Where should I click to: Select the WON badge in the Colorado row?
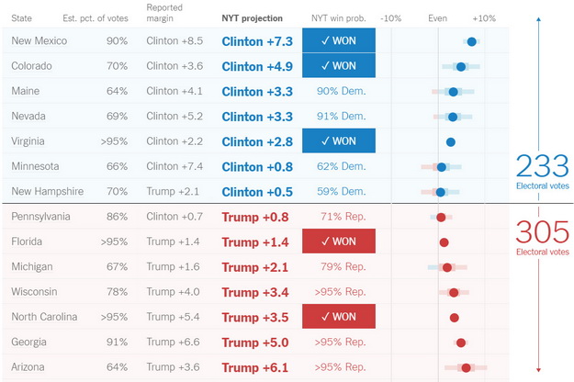[338, 66]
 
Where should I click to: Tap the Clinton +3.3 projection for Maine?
[257, 92]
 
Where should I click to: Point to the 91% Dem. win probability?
[341, 117]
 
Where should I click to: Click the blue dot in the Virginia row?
[451, 141]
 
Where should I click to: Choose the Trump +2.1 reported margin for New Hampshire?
[174, 191]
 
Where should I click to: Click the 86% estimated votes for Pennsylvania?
[117, 217]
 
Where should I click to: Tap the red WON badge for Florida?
[338, 242]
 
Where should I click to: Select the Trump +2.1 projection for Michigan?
[255, 267]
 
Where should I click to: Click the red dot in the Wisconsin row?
[454, 292]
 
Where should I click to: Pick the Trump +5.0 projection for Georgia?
[255, 343]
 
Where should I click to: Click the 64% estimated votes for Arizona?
[117, 367]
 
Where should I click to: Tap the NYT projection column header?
[257, 17]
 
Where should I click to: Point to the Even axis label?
[438, 18]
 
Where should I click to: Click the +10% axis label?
[484, 18]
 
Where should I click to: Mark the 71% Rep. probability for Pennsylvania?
[341, 217]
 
